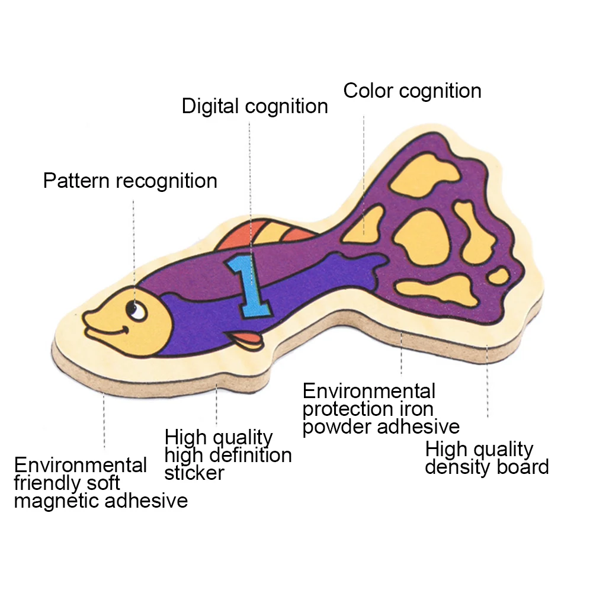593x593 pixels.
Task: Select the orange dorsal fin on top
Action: [x=261, y=235]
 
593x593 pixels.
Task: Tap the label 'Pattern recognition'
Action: [x=130, y=181]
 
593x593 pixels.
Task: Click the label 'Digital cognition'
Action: [x=255, y=107]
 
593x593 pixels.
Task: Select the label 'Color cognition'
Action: [x=412, y=91]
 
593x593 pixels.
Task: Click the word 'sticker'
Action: [x=194, y=473]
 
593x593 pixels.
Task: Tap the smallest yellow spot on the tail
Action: [x=498, y=275]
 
